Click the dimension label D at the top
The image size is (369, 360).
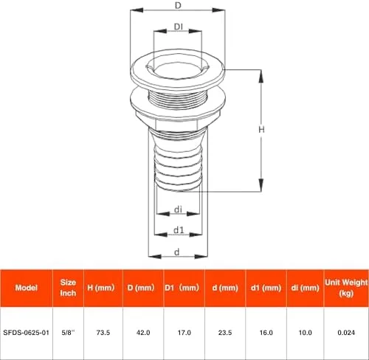click(178, 5)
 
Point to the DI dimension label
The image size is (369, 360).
click(179, 27)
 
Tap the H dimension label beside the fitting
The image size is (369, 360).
click(261, 129)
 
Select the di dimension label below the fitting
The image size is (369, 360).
click(178, 210)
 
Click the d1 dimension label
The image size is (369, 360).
click(179, 230)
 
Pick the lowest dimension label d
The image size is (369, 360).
click(177, 252)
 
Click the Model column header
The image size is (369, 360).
click(27, 288)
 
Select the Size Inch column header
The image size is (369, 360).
click(68, 288)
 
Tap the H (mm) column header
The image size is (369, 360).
click(101, 288)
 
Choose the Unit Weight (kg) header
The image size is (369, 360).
click(346, 288)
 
